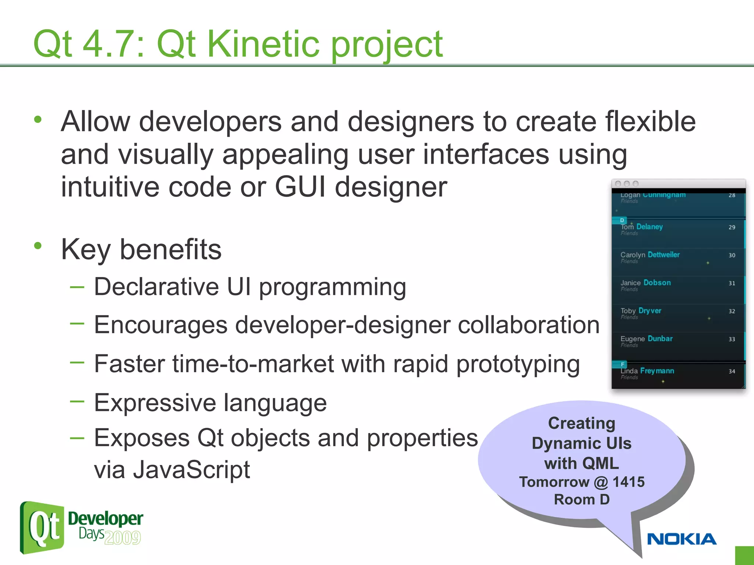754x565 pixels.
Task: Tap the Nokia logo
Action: coord(681,539)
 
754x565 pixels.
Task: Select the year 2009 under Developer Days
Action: coord(123,538)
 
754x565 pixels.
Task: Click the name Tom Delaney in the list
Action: coord(642,227)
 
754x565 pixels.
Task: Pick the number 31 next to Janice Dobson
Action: coord(732,283)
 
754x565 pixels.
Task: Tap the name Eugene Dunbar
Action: coord(646,339)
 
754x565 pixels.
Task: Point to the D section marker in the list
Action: coord(622,220)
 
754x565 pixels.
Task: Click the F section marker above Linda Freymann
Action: coord(622,364)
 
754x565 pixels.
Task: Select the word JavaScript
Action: coord(191,470)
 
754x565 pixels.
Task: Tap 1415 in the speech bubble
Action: coord(628,482)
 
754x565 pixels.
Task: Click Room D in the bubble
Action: coord(582,500)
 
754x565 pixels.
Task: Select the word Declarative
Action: coord(156,287)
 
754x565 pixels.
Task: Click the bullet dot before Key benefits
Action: coord(38,245)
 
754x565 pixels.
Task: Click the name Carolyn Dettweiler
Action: coord(650,255)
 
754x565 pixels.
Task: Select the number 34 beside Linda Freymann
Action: coord(732,372)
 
